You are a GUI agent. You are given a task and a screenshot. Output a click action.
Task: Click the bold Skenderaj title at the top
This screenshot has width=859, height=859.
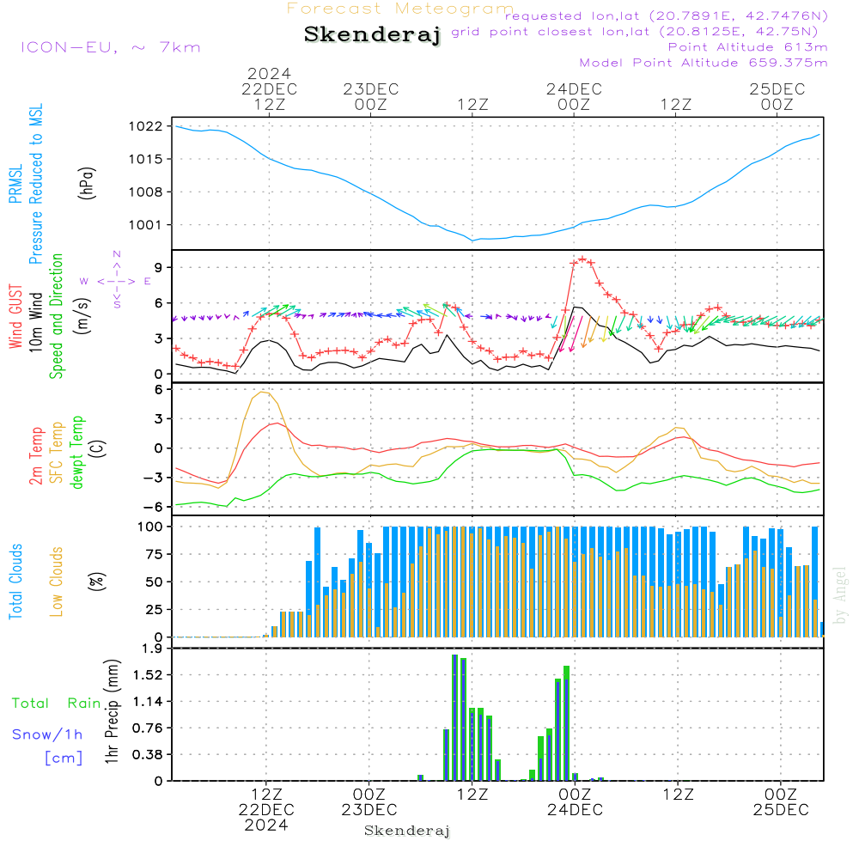(372, 34)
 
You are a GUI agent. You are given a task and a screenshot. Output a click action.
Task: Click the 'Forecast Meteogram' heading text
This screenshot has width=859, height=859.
(400, 9)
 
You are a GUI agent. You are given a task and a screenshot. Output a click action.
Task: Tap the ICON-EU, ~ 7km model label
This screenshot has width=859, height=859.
(110, 46)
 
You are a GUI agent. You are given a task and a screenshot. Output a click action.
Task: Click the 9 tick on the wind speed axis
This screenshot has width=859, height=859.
(157, 268)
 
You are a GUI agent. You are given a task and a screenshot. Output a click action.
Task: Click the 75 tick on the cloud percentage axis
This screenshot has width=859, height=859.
(151, 554)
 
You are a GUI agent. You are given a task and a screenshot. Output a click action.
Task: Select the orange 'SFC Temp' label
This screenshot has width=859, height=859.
(57, 453)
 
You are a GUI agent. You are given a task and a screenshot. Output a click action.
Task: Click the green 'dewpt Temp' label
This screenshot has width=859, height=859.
(76, 453)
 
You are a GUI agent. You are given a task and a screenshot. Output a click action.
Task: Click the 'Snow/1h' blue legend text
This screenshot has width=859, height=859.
(48, 734)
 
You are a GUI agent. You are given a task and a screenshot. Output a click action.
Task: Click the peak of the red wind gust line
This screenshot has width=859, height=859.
(582, 259)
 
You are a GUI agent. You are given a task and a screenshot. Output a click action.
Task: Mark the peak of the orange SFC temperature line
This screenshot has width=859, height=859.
(262, 393)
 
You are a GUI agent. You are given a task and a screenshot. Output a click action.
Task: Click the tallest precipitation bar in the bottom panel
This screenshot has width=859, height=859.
(454, 717)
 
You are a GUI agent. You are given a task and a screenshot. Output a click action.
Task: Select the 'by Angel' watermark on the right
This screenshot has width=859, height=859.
(840, 594)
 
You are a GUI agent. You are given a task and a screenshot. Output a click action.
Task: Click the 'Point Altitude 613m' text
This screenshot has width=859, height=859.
(747, 47)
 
